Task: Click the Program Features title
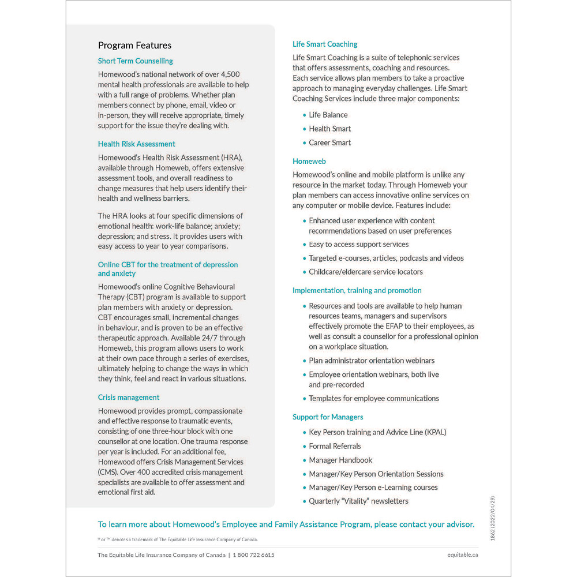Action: [134, 46]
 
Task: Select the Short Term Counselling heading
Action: [135, 61]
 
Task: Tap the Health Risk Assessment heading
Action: [136, 144]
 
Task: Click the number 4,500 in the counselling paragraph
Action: [229, 74]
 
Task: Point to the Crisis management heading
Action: [129, 398]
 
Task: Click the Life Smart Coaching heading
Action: [325, 44]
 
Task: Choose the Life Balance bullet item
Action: [328, 115]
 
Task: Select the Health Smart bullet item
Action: [329, 129]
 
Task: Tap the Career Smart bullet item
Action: [329, 143]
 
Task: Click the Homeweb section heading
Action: [309, 162]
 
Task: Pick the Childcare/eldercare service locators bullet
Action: [366, 272]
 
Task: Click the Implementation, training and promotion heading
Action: [357, 291]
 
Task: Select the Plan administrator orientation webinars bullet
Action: [372, 361]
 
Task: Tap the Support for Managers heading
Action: [328, 417]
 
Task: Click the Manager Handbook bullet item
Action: [340, 460]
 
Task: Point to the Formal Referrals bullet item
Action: [335, 446]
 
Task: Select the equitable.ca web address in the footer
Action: [463, 555]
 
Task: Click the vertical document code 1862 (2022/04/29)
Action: [492, 518]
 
